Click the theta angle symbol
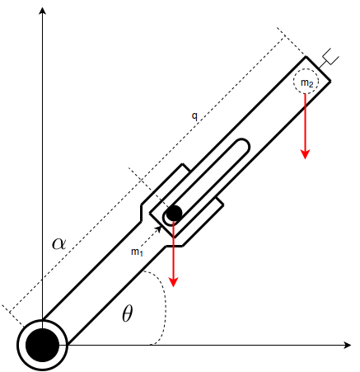point(128,313)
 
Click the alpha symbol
point(59,244)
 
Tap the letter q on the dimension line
point(194,116)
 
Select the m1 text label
point(137,252)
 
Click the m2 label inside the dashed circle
point(306,82)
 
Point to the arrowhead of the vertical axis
point(42,11)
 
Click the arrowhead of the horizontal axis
point(348,345)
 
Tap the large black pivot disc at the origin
point(42,345)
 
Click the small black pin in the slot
point(174,213)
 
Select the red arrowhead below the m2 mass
point(305,154)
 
